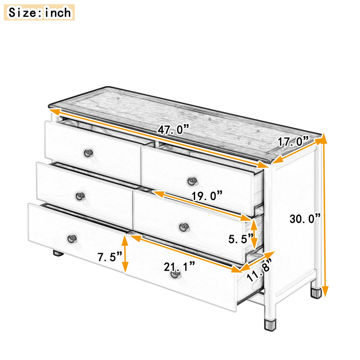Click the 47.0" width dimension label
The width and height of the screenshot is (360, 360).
[173, 129]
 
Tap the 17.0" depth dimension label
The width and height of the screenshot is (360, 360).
[294, 141]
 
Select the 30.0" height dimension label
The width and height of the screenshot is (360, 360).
[305, 219]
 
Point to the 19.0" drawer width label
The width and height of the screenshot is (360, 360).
[207, 195]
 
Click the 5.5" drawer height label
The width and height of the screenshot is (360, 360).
[241, 239]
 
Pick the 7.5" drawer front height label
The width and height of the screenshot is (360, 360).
[110, 256]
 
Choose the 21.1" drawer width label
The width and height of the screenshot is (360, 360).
[179, 266]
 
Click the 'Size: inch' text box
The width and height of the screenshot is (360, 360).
[39, 12]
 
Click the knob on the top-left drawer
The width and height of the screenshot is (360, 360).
[88, 153]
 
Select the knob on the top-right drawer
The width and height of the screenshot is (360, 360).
[192, 181]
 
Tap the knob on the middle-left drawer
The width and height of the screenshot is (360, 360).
[81, 196]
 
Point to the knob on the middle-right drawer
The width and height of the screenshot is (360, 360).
[184, 227]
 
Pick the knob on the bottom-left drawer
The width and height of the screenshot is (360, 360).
[72, 239]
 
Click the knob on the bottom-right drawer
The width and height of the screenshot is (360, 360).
[175, 274]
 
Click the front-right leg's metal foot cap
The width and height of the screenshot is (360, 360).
[270, 324]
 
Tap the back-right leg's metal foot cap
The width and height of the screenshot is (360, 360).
[316, 293]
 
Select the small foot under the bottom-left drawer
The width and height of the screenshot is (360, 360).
[58, 253]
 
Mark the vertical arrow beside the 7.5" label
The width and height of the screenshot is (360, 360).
[125, 254]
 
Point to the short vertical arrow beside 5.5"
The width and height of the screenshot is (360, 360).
[254, 234]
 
